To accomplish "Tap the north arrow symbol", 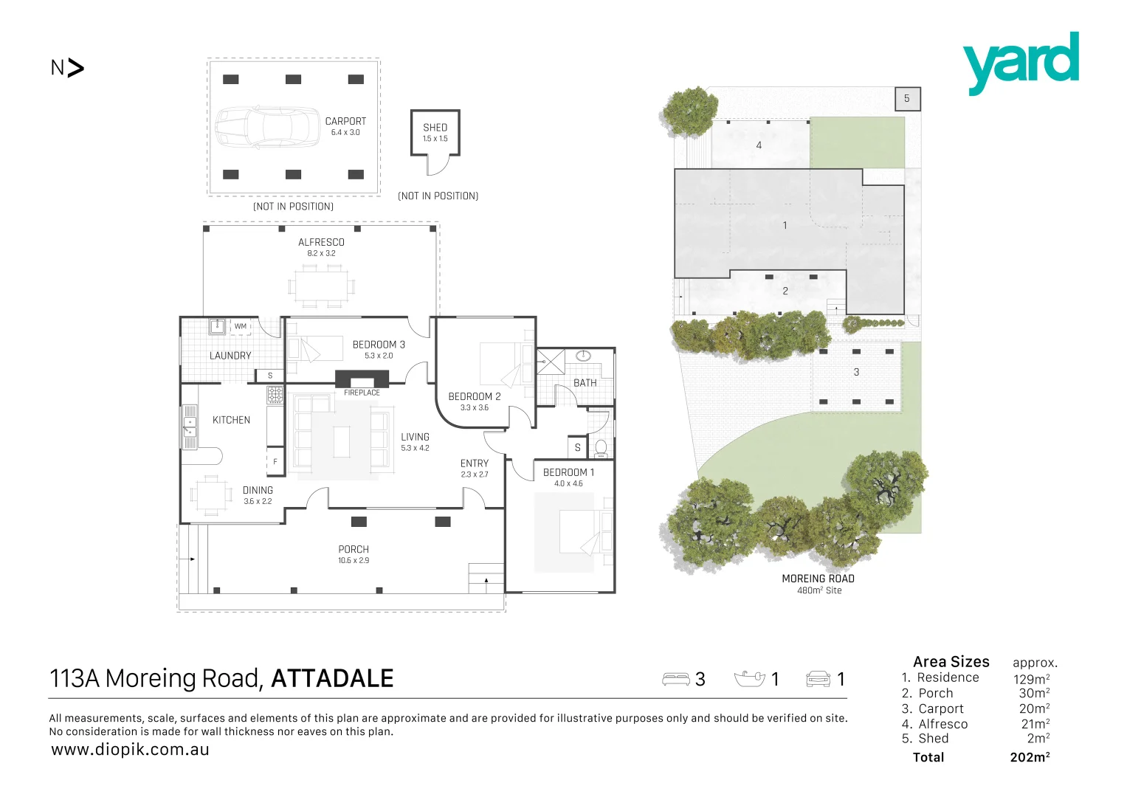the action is click(x=75, y=68).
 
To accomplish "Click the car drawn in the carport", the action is click(x=268, y=127).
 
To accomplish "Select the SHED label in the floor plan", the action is click(x=435, y=127).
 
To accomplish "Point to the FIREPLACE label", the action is click(x=362, y=393).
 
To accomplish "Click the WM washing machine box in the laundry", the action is click(x=241, y=326).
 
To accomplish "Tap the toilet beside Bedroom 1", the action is click(x=601, y=448).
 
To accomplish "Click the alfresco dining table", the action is click(x=322, y=286).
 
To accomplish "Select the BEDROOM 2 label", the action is click(x=475, y=396).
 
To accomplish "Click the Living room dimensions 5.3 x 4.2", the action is click(x=415, y=448).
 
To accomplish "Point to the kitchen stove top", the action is click(x=275, y=395).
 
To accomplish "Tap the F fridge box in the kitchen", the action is click(x=275, y=461).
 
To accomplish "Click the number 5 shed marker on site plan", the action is click(x=907, y=99).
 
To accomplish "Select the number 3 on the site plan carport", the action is click(x=856, y=372).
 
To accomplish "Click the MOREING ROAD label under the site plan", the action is click(x=818, y=579).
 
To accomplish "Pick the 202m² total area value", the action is click(x=1030, y=757).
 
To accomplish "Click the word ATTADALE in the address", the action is click(x=332, y=678).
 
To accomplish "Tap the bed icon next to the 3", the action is click(x=676, y=679).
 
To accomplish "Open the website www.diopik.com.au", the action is click(x=130, y=750).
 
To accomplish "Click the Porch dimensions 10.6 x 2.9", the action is click(x=354, y=561).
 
